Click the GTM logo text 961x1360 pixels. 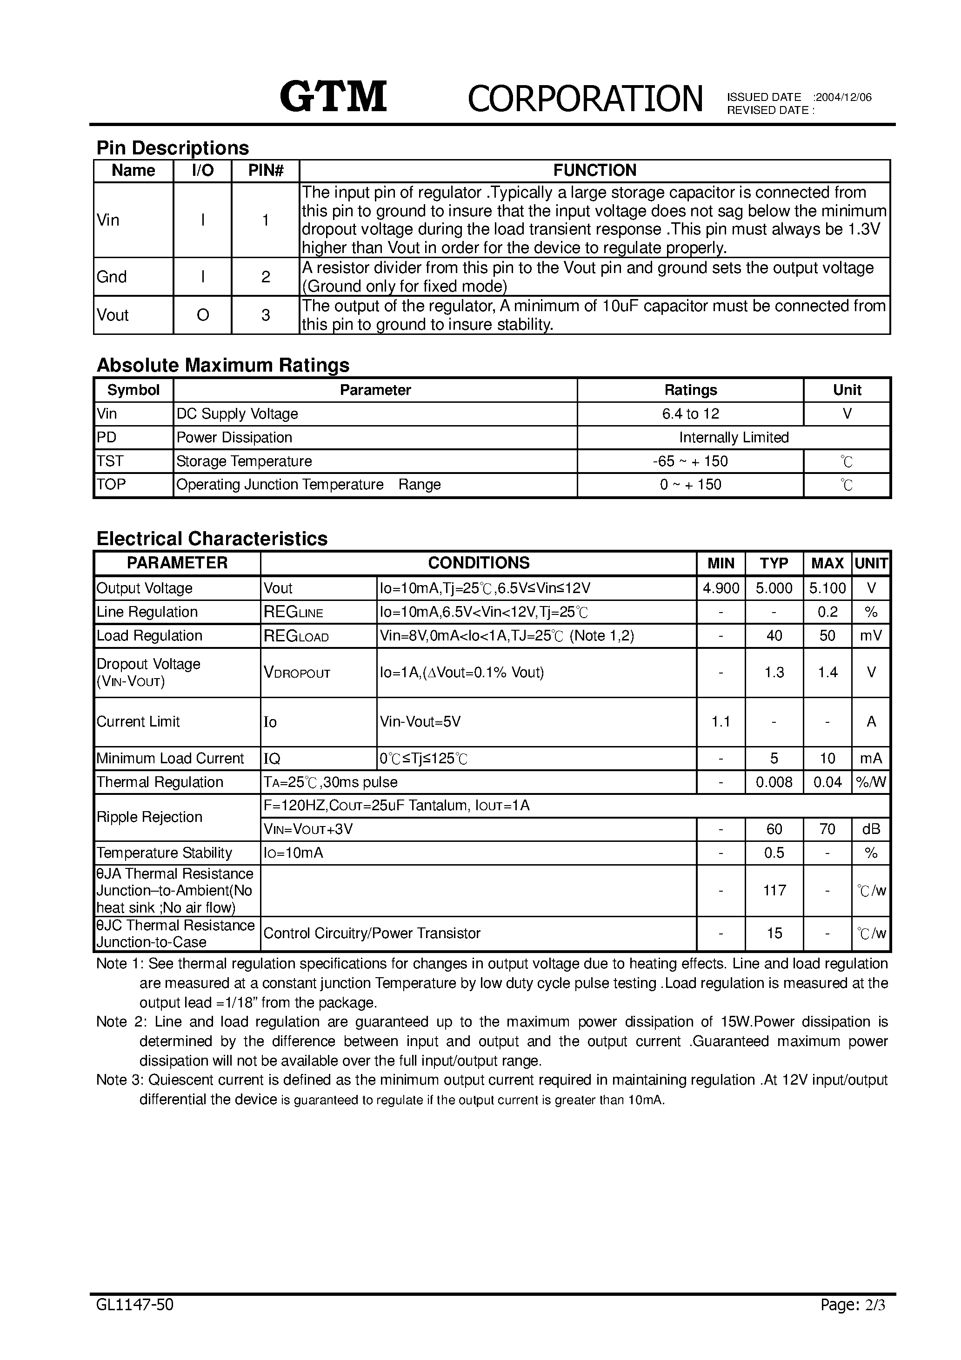[333, 97]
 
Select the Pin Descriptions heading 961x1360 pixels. [173, 147]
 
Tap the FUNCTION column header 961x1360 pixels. [594, 171]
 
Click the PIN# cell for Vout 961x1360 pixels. [266, 315]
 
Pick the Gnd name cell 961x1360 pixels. [112, 277]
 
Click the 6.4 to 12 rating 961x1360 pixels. [690, 414]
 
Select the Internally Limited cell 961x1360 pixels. [734, 438]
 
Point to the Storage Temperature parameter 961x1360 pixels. [244, 461]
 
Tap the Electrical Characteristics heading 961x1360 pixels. [212, 539]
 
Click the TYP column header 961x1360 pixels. [774, 563]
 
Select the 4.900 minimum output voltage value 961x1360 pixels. [721, 588]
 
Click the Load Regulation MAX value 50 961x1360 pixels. [827, 635]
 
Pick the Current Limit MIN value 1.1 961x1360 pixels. [721, 721]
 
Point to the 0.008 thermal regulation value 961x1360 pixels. [774, 782]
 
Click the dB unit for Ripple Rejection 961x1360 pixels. [870, 829]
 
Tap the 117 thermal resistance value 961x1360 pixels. [774, 890]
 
